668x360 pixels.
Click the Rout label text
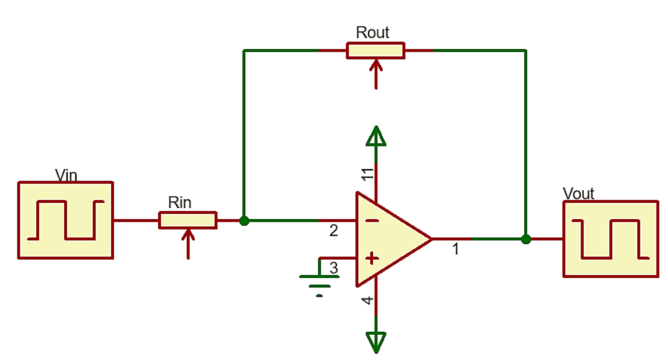click(372, 32)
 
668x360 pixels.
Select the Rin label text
click(179, 202)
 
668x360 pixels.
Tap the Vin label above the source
click(66, 175)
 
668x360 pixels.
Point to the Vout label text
click(578, 193)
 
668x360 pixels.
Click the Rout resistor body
click(376, 51)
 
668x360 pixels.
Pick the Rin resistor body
click(188, 220)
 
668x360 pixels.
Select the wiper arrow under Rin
click(188, 244)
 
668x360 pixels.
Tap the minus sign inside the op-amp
click(372, 220)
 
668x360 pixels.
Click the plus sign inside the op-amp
click(372, 258)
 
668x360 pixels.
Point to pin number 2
click(334, 230)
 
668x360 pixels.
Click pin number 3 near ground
click(334, 268)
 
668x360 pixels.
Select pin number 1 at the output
click(456, 249)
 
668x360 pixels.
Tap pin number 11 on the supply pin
click(367, 174)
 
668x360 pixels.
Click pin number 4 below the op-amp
click(367, 300)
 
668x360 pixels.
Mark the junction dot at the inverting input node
click(244, 220)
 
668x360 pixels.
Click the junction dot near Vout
click(526, 239)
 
